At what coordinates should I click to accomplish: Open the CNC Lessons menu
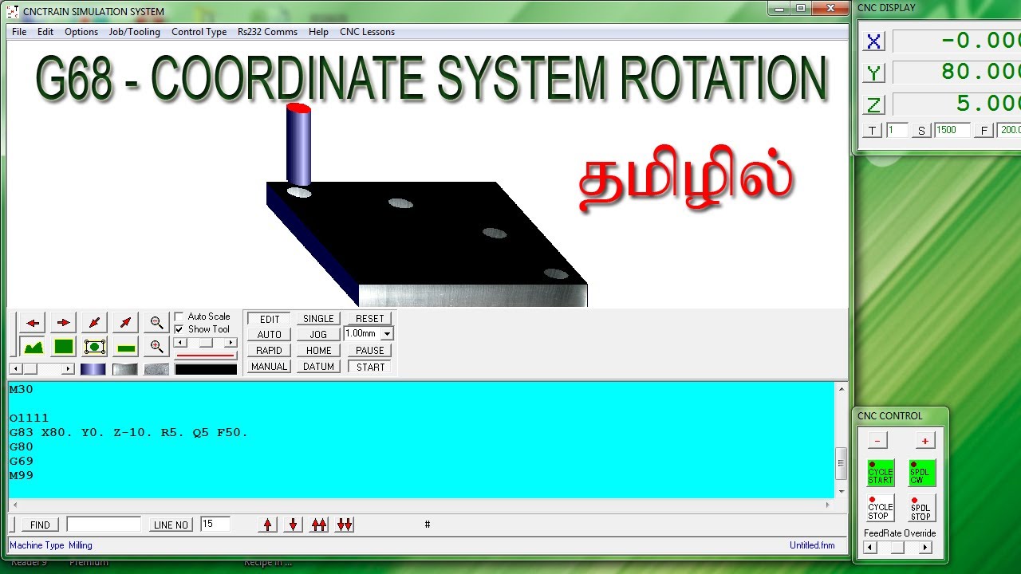pos(367,32)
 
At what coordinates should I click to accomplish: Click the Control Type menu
pos(199,32)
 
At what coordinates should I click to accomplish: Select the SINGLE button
pos(318,319)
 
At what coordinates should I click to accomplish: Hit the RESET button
pos(369,319)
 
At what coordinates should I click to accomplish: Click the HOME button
pos(318,351)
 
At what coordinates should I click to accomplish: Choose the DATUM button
pos(318,367)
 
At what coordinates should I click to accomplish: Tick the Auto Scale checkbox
pos(179,316)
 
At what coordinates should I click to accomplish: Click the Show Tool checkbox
pos(179,329)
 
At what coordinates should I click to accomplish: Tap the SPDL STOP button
pos(920,508)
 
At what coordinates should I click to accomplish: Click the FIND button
pos(40,525)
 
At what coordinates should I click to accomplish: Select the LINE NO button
pos(171,525)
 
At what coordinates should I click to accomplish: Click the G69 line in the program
pos(22,461)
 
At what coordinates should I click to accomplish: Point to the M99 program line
pos(22,475)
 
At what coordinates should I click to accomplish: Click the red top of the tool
pos(298,107)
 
